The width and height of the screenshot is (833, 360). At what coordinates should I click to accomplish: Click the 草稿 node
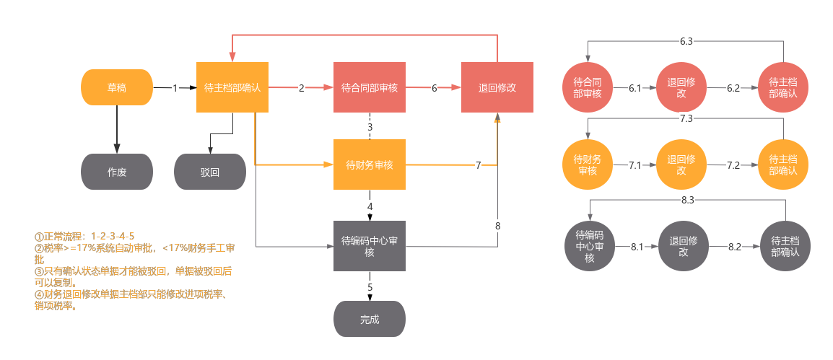tap(116, 87)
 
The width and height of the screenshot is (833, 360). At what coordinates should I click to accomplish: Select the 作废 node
tap(116, 172)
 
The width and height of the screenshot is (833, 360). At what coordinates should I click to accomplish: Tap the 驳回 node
tap(210, 172)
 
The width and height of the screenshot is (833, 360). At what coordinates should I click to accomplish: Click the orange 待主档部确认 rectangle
tap(232, 87)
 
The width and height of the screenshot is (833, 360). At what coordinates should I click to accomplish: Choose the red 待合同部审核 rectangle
tap(370, 87)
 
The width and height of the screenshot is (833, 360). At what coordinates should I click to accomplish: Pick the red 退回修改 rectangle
tap(497, 87)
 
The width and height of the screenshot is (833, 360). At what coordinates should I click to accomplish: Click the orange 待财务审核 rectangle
tap(370, 164)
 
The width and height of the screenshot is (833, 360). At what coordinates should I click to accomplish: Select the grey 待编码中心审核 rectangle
tap(370, 246)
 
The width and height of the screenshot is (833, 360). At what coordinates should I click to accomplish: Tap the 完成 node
tap(370, 319)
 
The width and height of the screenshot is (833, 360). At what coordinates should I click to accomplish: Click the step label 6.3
tap(686, 42)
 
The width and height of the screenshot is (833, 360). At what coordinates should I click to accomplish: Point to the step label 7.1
tap(635, 165)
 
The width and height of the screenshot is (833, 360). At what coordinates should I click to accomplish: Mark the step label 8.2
tap(734, 247)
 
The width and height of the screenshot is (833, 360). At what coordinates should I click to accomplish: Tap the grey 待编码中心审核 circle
tap(589, 246)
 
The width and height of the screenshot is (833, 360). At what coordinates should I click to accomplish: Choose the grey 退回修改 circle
tap(683, 246)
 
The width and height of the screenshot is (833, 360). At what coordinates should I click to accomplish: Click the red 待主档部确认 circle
tap(783, 87)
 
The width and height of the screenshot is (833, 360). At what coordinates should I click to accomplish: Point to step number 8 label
tap(497, 226)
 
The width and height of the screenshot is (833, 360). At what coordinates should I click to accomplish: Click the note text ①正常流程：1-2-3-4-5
tap(84, 237)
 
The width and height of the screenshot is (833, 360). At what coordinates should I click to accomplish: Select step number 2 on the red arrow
tap(301, 88)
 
